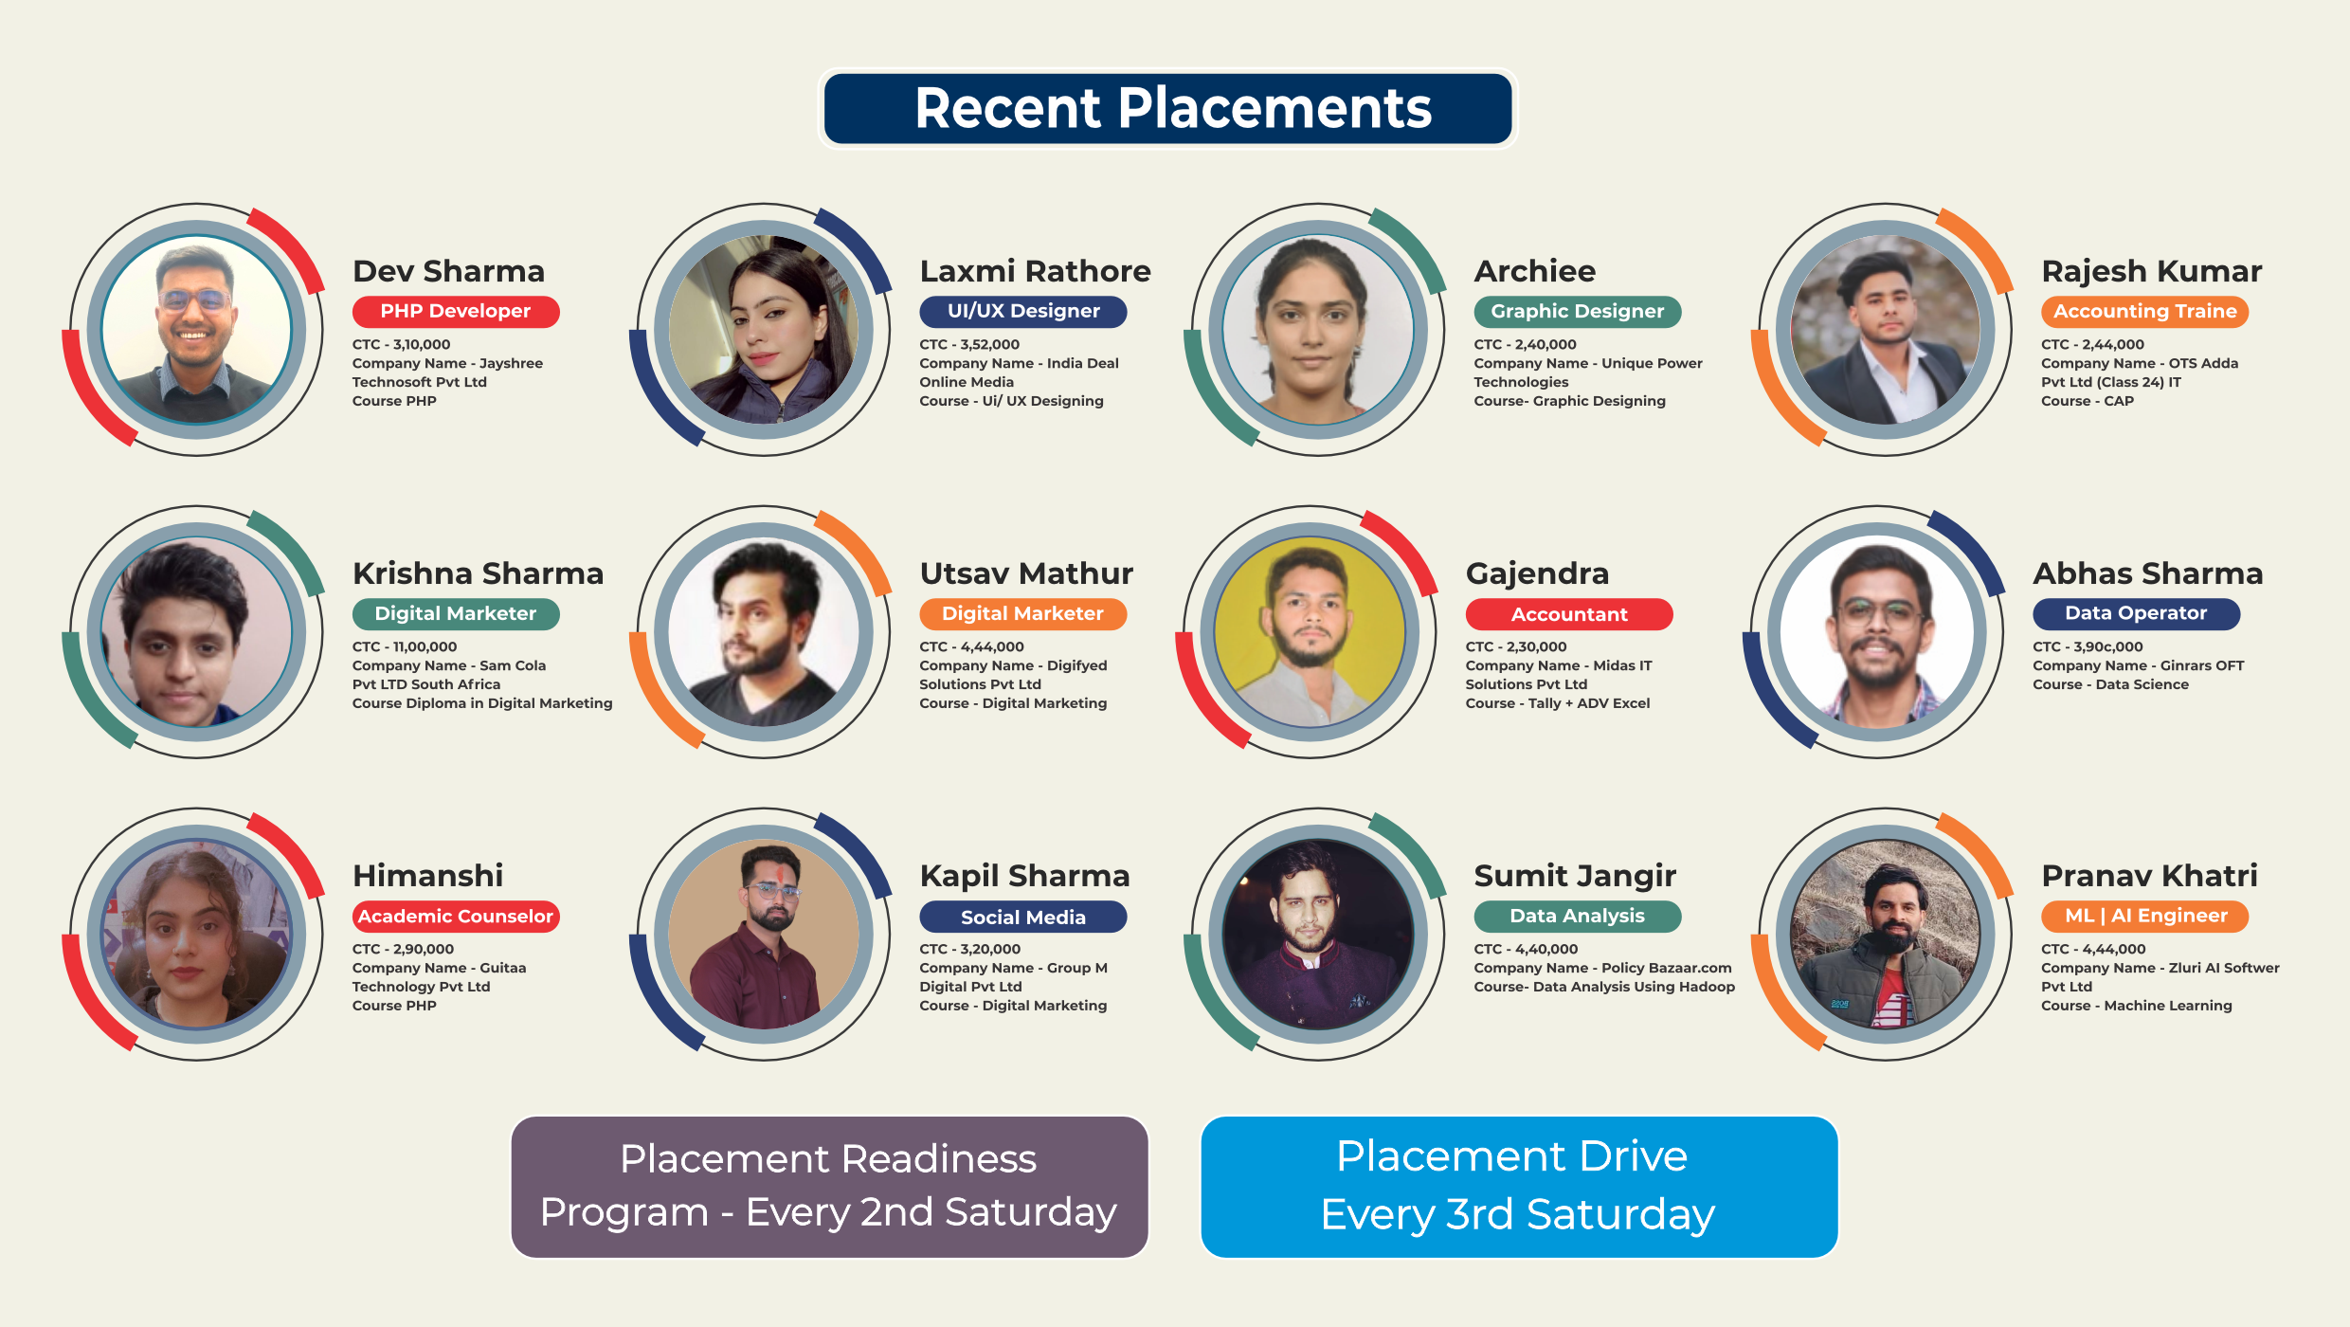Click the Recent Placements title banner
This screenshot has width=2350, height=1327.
1167,108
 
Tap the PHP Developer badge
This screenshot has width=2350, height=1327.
456,312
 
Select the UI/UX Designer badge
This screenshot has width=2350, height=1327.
1023,312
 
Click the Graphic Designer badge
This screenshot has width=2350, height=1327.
1578,312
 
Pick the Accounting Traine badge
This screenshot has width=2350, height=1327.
2144,312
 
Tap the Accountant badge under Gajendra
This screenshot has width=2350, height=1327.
1569,614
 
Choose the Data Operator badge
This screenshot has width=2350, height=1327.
2136,614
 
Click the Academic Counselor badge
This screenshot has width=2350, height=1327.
456,917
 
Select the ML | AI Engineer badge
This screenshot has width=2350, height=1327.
2144,917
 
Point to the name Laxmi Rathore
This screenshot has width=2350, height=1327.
1035,271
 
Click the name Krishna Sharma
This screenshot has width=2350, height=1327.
478,573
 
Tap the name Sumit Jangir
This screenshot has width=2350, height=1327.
1575,876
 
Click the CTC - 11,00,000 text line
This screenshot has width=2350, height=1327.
405,646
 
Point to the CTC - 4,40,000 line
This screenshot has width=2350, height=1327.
1526,949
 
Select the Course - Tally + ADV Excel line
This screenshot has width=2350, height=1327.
1558,703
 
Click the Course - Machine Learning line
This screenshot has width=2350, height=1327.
2137,1006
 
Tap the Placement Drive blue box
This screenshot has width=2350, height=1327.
1519,1187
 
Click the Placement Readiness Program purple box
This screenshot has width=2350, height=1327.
829,1187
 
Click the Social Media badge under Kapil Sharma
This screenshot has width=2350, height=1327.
1023,917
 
